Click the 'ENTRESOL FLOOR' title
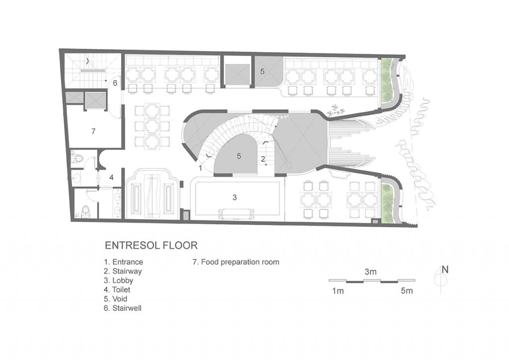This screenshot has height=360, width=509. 151,245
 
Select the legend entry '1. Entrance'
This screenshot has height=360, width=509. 123,262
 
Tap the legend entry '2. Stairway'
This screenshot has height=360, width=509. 123,271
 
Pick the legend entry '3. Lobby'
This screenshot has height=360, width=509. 118,280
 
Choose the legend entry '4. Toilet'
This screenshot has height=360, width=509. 117,289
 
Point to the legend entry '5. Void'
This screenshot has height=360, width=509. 115,299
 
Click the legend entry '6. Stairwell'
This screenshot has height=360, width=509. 123,308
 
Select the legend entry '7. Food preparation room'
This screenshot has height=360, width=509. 236,262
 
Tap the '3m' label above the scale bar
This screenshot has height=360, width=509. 370,271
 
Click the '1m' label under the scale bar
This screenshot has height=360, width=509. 338,291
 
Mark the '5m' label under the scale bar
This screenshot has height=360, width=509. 407,291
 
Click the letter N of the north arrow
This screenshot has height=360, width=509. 445,270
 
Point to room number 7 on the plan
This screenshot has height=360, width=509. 93,131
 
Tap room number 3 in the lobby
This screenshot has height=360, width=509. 235,197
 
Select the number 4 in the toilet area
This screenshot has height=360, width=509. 111,178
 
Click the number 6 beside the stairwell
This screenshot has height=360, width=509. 115,83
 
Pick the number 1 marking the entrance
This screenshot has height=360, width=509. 201,168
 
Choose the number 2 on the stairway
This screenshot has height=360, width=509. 263,159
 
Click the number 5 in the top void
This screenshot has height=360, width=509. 262,71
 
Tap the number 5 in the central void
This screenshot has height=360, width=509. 239,156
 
